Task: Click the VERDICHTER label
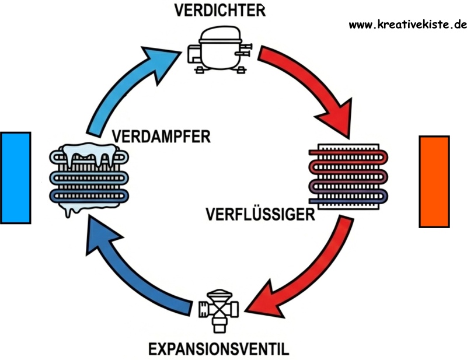[x=215, y=11]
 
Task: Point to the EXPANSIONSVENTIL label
[x=218, y=349]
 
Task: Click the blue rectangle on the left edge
[x=15, y=177]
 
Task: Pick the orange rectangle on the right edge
[x=434, y=181]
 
